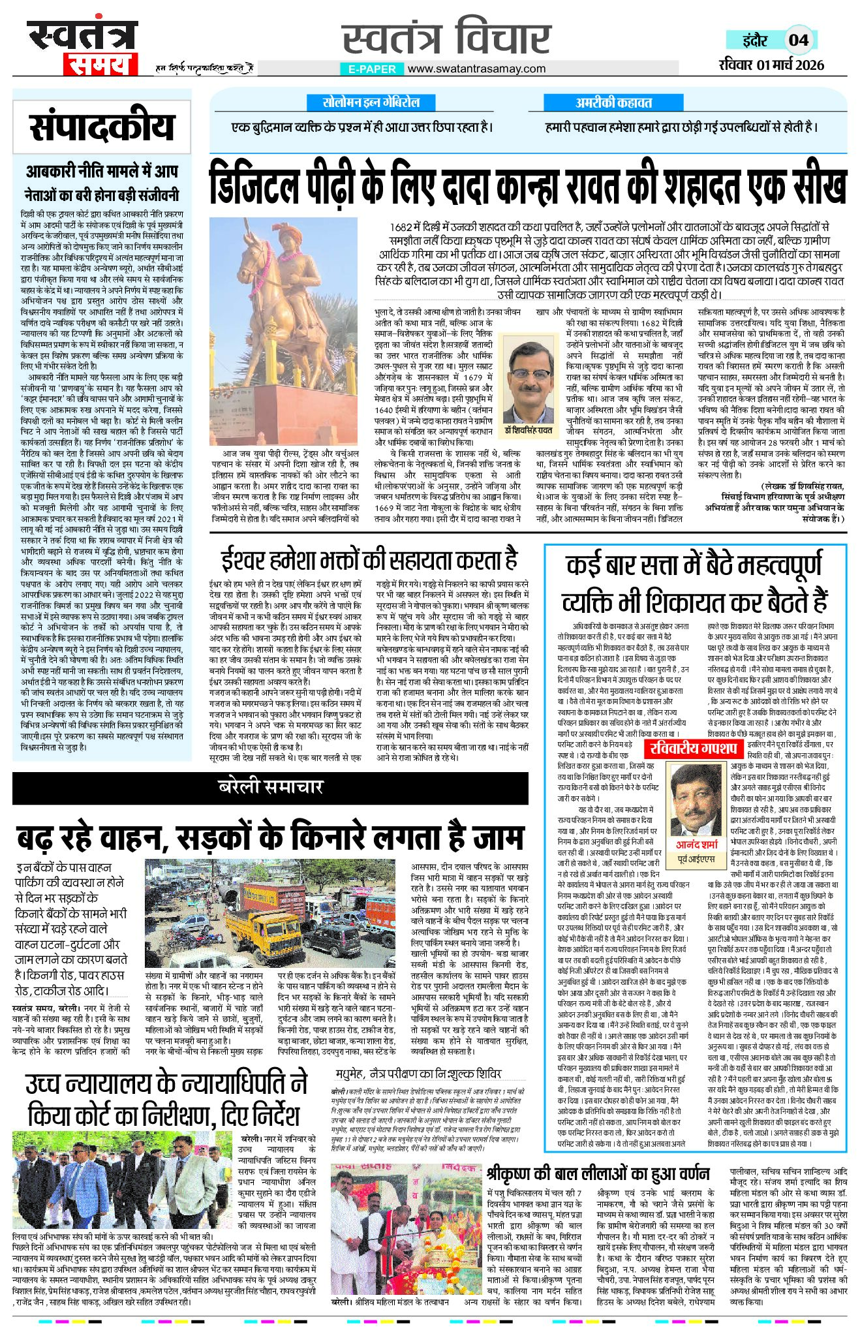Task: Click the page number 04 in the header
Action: coord(798,40)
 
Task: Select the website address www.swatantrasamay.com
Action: coord(476,69)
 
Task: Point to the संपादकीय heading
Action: coord(102,127)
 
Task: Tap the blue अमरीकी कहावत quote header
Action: coord(613,102)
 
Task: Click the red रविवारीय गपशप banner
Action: coord(694,748)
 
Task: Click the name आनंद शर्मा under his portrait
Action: coord(696,845)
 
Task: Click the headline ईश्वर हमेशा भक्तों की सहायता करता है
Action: coord(369,560)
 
